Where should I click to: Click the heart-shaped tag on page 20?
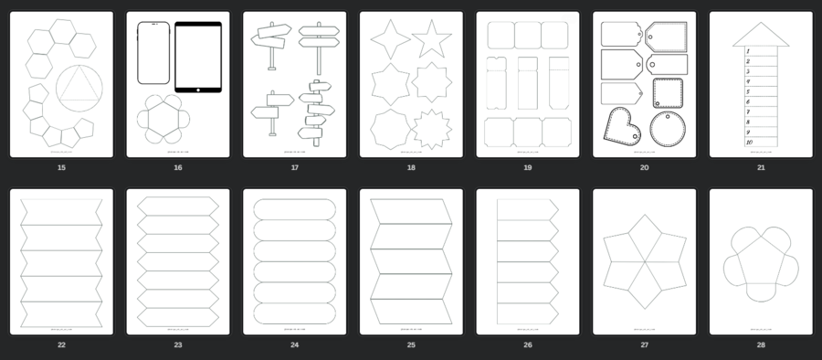click(621, 124)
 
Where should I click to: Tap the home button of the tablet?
click(198, 89)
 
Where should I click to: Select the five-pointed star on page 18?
click(431, 39)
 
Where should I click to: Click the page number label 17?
click(294, 167)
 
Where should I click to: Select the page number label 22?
click(61, 345)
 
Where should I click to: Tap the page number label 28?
click(761, 345)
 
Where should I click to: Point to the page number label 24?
click(294, 345)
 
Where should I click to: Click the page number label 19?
click(528, 167)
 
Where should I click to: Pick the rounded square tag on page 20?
click(669, 94)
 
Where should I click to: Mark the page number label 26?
click(528, 345)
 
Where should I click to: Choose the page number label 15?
click(61, 167)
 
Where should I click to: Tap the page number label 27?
click(644, 345)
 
